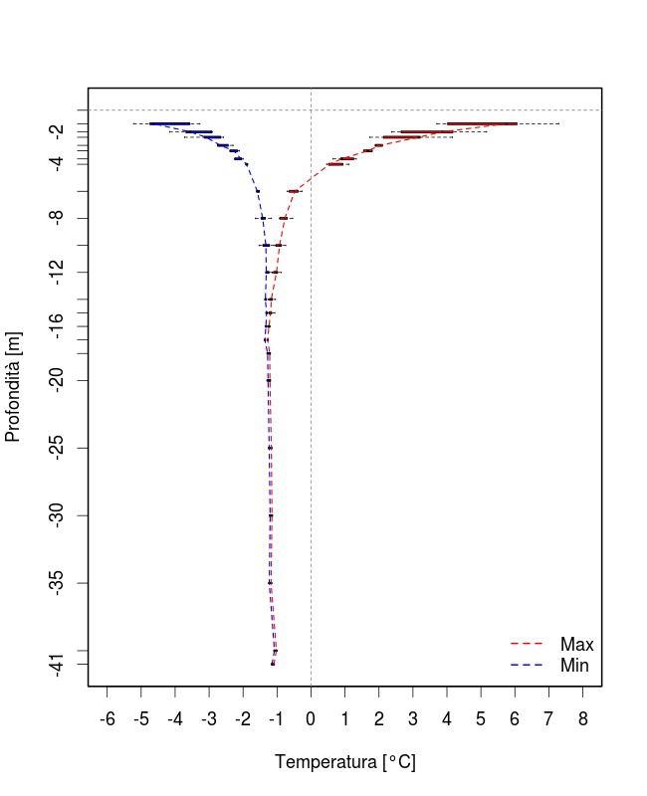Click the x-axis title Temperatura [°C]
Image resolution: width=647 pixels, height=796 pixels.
point(344,762)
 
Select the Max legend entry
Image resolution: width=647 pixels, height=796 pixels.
point(576,645)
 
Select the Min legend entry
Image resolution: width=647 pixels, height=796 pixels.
point(575,665)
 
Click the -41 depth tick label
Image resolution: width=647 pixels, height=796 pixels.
point(62,664)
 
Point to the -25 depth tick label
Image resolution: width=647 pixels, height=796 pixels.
point(62,448)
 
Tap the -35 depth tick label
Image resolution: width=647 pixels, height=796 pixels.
point(62,582)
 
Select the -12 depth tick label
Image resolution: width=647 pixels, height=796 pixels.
point(62,272)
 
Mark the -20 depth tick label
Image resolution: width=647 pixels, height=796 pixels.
point(62,380)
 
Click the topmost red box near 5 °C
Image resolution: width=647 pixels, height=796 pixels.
point(482,123)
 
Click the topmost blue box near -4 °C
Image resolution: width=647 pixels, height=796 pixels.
point(169,123)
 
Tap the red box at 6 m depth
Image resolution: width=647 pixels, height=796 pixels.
point(294,191)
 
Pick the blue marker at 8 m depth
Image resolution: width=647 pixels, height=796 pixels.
point(263,218)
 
